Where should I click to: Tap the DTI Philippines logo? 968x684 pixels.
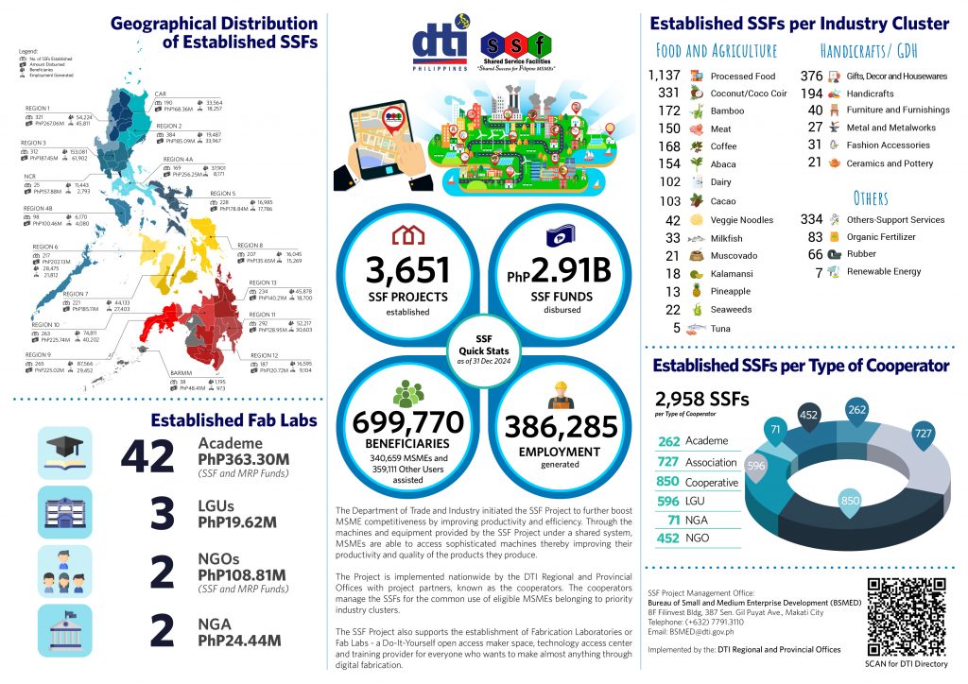point(441,47)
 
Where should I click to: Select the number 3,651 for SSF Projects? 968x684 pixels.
point(409,270)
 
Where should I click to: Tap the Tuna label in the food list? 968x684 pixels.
point(720,328)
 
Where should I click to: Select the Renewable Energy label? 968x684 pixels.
point(883,272)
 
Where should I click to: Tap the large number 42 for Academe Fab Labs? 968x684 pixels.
point(147,458)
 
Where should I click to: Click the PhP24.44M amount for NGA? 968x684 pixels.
point(238,641)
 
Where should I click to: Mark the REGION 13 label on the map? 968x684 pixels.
point(262,282)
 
